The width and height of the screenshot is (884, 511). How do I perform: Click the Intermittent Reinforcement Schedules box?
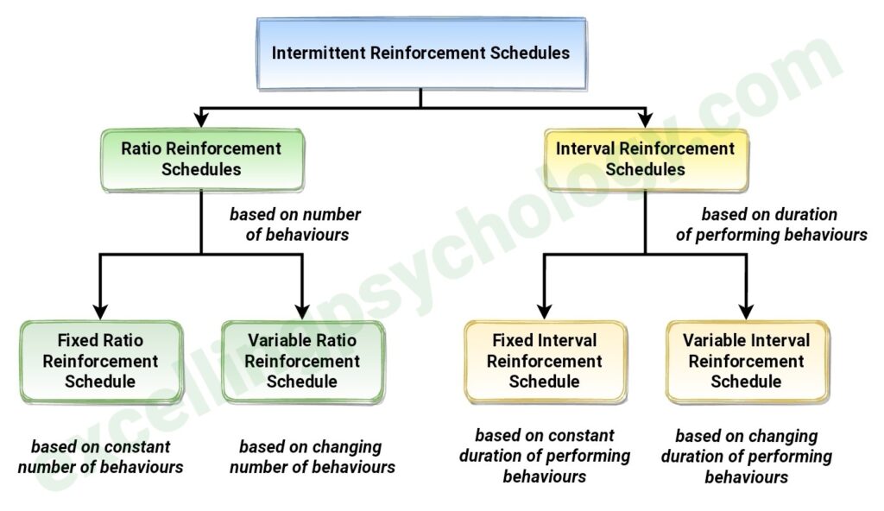point(421,53)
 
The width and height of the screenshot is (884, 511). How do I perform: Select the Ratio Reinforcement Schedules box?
point(202,160)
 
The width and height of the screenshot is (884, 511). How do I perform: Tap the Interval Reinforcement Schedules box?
point(646,160)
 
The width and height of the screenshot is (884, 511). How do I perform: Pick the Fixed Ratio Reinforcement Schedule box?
point(100,362)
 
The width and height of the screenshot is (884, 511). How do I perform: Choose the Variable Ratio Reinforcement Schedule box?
point(302,362)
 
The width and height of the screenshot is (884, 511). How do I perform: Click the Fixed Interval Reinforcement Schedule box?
point(545,362)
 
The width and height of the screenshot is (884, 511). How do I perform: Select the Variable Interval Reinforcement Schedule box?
point(747,362)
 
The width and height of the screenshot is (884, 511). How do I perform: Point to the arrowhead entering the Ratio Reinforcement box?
point(200,119)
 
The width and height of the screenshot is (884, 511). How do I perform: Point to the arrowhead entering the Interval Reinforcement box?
point(646,119)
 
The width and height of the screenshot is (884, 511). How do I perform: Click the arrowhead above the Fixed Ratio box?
point(100,312)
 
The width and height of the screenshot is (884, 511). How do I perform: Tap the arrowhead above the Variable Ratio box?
point(302,312)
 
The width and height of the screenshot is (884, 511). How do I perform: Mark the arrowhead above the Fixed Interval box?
point(544,312)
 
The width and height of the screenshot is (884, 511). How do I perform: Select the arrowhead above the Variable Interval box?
point(747,312)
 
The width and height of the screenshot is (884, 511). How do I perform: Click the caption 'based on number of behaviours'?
point(295,224)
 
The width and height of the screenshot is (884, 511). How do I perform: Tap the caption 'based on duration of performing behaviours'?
point(771,224)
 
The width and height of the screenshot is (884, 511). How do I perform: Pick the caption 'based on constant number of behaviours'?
point(100,457)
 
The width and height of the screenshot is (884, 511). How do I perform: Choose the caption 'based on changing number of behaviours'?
point(312,457)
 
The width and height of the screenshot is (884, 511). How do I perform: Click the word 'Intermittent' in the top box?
point(319,53)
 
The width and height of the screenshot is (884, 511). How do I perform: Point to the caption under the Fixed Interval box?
point(545,456)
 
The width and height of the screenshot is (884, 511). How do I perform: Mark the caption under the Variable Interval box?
point(747,457)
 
